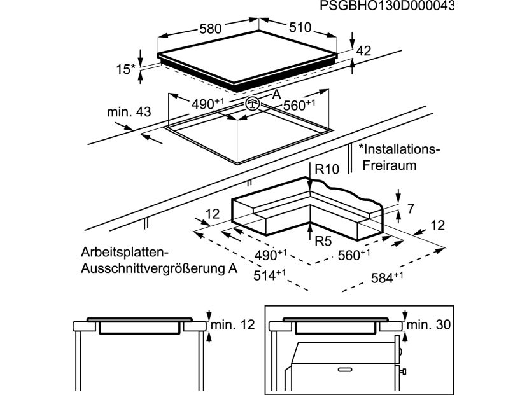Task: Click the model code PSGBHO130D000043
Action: coord(387,6)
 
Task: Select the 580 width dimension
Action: coord(211,29)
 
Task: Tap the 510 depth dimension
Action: coord(300,27)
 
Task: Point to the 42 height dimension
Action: coord(363,51)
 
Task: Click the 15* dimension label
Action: coord(125,69)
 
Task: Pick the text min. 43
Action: coord(129,112)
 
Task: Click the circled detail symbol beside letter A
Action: coord(252,103)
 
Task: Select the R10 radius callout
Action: coord(327,169)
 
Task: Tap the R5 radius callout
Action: coord(323,241)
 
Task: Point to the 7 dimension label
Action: coord(411,209)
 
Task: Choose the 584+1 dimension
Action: coord(387,277)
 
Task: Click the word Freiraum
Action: coord(389,165)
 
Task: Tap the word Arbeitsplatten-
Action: coord(124,253)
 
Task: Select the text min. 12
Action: coord(232,325)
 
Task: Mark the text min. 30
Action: coord(428,325)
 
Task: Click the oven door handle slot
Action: coord(345,370)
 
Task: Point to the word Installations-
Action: coord(399,149)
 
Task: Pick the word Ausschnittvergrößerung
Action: coord(150,268)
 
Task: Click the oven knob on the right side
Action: coord(402,371)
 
